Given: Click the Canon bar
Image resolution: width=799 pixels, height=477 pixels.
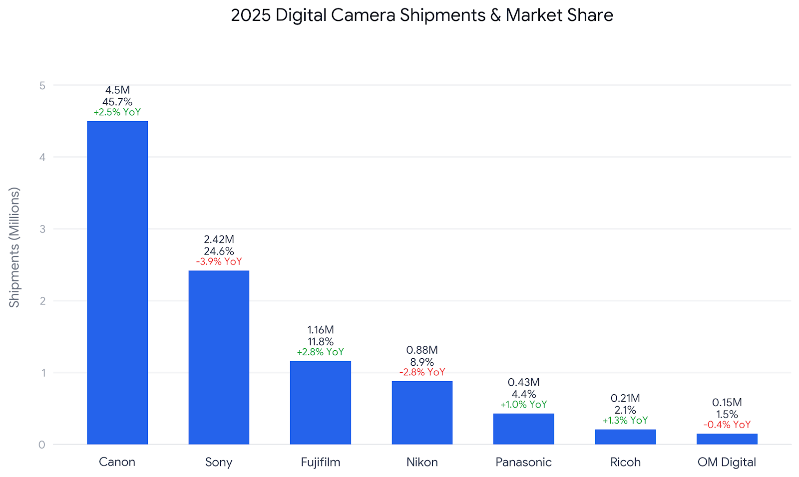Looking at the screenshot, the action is pyautogui.click(x=117, y=283).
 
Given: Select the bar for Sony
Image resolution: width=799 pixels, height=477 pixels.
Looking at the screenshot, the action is pyautogui.click(x=219, y=358).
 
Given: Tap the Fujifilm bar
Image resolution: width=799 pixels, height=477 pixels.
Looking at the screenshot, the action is pyautogui.click(x=320, y=403).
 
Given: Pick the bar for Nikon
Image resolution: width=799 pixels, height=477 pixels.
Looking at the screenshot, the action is pyautogui.click(x=422, y=413).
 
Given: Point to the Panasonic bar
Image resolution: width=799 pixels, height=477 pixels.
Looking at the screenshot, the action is pyautogui.click(x=524, y=429).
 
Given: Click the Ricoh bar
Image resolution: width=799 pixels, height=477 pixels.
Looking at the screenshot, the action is pyautogui.click(x=625, y=437).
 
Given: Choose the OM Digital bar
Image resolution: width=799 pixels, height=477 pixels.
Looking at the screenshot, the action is pyautogui.click(x=727, y=439).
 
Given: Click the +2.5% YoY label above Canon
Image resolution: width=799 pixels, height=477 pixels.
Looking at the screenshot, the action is pyautogui.click(x=117, y=112).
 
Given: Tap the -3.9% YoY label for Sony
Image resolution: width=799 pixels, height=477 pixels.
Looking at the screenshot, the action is pyautogui.click(x=219, y=261).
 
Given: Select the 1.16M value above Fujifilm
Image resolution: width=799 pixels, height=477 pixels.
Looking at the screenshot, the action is pyautogui.click(x=320, y=330).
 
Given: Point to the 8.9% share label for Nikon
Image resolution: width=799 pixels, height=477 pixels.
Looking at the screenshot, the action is pyautogui.click(x=422, y=362).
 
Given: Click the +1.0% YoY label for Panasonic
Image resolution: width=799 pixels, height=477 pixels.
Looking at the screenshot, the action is pyautogui.click(x=524, y=405).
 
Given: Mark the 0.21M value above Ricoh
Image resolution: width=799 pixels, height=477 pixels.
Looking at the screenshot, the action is pyautogui.click(x=625, y=398).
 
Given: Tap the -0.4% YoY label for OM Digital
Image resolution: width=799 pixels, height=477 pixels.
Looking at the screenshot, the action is pyautogui.click(x=727, y=425).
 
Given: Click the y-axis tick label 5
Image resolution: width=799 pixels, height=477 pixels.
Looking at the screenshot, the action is pyautogui.click(x=42, y=86).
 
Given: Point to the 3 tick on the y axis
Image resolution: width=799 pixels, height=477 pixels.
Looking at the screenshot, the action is pyautogui.click(x=42, y=229).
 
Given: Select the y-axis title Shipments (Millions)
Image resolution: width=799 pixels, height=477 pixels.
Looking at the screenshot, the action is pyautogui.click(x=14, y=247).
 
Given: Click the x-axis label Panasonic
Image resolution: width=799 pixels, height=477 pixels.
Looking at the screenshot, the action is pyautogui.click(x=524, y=463).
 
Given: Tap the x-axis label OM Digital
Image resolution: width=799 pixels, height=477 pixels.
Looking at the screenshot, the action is pyautogui.click(x=727, y=463).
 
